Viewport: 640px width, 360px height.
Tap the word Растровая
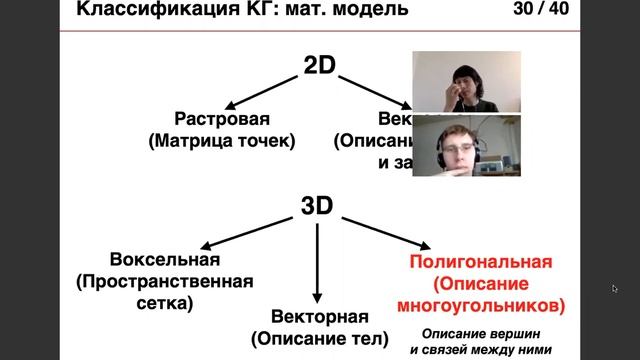point(222,118)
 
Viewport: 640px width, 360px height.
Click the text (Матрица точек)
point(222,141)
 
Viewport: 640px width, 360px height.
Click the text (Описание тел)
point(318,338)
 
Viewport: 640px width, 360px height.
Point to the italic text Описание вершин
point(481,332)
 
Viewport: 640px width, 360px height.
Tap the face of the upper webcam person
point(465,80)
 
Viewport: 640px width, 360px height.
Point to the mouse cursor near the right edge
point(614,289)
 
